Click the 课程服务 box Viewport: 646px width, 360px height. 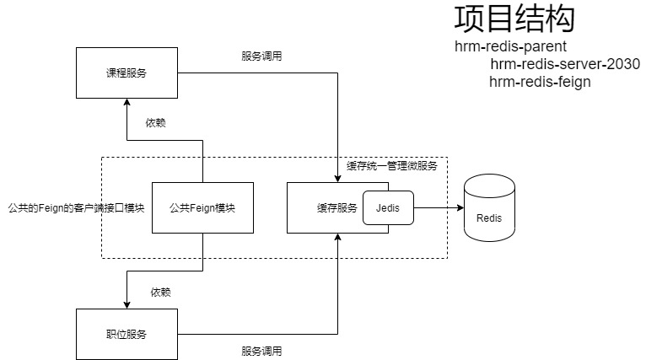(x=127, y=73)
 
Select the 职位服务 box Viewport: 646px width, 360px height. (x=127, y=334)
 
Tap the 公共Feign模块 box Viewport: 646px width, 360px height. (x=202, y=207)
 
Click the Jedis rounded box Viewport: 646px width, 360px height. (x=388, y=207)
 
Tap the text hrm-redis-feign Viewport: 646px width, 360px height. (x=540, y=82)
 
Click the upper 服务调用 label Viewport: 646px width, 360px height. (x=261, y=56)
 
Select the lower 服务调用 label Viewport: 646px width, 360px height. (x=261, y=351)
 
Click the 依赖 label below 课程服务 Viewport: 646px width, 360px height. (x=155, y=122)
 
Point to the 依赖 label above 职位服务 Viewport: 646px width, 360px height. (x=160, y=292)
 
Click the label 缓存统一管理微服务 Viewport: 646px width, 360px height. (x=392, y=166)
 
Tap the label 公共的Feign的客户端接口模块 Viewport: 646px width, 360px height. (x=76, y=207)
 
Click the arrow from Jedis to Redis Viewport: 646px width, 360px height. (x=439, y=207)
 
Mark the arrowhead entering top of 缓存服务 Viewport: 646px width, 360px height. (x=337, y=177)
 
